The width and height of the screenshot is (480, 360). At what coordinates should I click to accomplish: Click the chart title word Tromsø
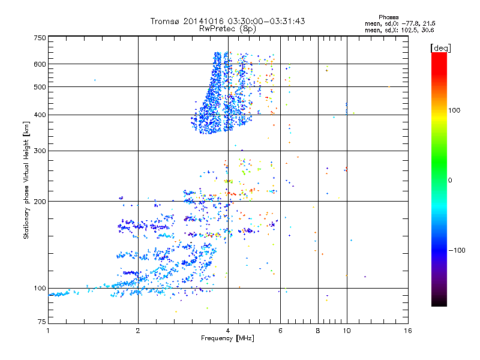[x=166, y=21]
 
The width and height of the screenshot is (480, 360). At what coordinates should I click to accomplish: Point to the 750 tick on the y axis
[x=39, y=38]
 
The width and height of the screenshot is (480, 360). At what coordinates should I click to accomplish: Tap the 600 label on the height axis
[x=39, y=64]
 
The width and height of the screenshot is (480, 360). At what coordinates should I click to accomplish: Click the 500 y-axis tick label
[x=39, y=87]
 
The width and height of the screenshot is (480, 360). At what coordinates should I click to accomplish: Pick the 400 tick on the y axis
[x=39, y=115]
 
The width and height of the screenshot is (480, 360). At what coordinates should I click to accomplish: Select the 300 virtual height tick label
[x=39, y=151]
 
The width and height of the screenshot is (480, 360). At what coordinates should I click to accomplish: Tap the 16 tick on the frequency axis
[x=408, y=331]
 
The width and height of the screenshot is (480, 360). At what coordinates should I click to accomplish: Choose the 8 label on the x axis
[x=318, y=331]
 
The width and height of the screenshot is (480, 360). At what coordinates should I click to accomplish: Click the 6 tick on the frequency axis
[x=280, y=331]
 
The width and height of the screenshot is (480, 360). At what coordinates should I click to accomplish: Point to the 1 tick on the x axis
[x=48, y=331]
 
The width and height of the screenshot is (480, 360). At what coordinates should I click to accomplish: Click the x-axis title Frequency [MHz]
[x=228, y=339]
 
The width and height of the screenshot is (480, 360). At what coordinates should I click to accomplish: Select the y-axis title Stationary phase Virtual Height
[x=26, y=180]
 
